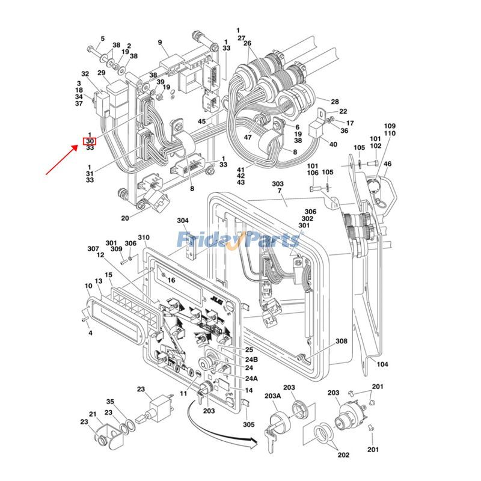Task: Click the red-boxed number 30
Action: pos(89,141)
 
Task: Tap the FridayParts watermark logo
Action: pos(238,240)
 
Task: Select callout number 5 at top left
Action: pos(102,38)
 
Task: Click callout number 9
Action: pos(161,42)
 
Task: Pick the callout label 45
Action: pos(202,121)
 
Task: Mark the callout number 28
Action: pos(335,102)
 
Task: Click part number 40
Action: pos(333,144)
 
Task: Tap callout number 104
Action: pos(382,364)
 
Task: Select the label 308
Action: pos(342,341)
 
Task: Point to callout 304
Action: pos(182,221)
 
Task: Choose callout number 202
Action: pos(343,455)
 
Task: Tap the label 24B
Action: pos(251,359)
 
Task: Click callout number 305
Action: pos(249,424)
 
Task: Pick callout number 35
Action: pos(110,402)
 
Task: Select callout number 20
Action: pos(125,218)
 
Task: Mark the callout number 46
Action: pos(387,164)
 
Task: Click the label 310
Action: pos(143,237)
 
